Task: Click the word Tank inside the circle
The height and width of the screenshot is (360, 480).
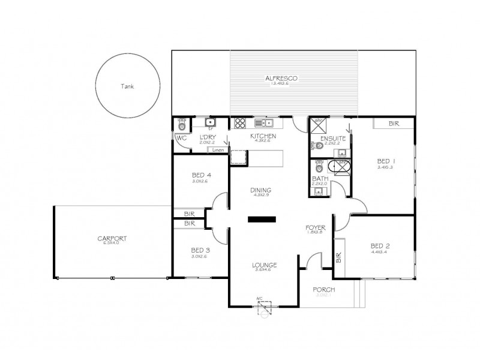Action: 127,86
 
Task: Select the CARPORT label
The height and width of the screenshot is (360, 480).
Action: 112,238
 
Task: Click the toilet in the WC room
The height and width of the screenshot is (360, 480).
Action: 182,125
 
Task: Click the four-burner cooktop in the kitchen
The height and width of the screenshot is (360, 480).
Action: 240,124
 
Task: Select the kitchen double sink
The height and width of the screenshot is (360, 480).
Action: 264,124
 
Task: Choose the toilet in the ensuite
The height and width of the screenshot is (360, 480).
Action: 316,145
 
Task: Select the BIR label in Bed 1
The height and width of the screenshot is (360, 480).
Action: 394,124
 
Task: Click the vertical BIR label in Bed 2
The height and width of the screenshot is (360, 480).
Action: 339,258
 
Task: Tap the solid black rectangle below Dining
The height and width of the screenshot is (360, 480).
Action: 260,220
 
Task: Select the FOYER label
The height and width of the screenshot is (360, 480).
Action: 315,227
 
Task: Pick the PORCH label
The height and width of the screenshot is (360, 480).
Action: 324,290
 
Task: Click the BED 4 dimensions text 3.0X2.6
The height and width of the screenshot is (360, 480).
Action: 201,181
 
